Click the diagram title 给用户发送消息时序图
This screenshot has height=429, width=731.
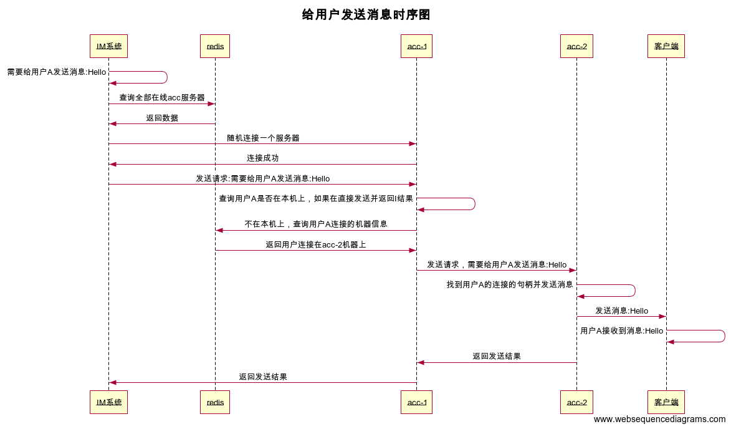coord(366,15)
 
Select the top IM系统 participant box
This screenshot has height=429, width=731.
coord(108,46)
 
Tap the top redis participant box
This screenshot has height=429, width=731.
coord(215,46)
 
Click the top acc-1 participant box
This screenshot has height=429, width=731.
coord(416,46)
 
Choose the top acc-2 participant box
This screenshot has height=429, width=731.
coord(576,46)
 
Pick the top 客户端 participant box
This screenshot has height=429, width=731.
coord(666,46)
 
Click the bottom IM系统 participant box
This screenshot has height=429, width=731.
coord(108,402)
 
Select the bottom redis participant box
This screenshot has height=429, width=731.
coord(215,402)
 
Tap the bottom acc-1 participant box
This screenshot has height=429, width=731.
coord(416,402)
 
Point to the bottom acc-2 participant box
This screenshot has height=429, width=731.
coord(576,402)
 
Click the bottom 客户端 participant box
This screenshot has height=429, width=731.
coord(666,402)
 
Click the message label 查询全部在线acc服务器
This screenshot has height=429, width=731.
coord(162,98)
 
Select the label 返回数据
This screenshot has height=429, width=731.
coord(162,118)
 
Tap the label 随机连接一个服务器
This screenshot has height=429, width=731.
coord(263,138)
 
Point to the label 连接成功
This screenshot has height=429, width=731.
coord(263,158)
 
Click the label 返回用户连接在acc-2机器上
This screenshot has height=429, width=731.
coord(316,244)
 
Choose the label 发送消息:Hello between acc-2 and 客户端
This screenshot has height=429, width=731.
coord(621,311)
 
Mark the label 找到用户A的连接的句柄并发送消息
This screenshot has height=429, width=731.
coord(510,284)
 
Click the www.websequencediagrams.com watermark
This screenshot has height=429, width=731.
coord(659,420)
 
